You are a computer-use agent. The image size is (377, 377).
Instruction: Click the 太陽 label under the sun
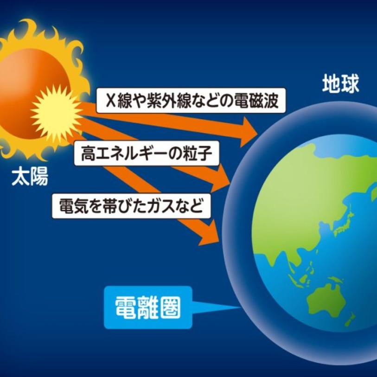(30, 177)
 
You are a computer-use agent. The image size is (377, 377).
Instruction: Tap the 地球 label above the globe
(340, 83)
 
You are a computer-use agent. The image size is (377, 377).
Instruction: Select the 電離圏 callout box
(148, 307)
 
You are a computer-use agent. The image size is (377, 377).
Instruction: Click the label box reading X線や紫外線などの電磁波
(191, 101)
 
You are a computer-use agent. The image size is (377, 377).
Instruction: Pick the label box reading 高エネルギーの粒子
(147, 153)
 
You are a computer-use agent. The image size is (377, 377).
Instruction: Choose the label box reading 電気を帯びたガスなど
(131, 206)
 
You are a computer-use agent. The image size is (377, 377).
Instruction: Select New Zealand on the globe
(350, 319)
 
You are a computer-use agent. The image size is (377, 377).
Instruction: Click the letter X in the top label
(111, 101)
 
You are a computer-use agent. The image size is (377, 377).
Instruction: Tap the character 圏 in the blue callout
(170, 307)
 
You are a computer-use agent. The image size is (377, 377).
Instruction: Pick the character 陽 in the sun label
(39, 177)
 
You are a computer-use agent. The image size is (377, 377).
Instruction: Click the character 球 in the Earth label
(350, 83)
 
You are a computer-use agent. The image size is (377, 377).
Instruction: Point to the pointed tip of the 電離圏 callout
(241, 307)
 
